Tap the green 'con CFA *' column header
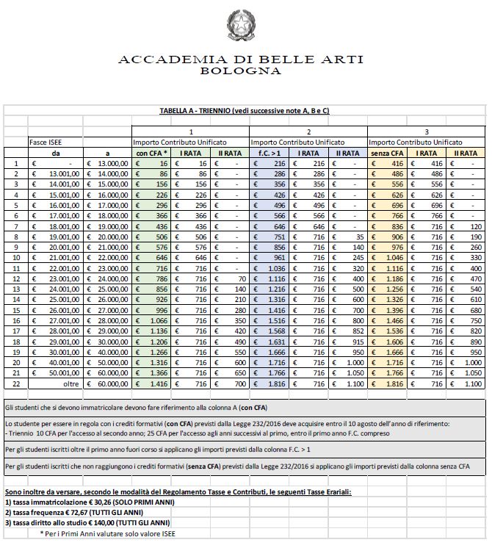tap(152, 152)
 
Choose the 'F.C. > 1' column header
tap(270, 152)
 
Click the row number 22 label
tap(15, 383)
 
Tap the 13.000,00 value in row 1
tap(110, 163)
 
